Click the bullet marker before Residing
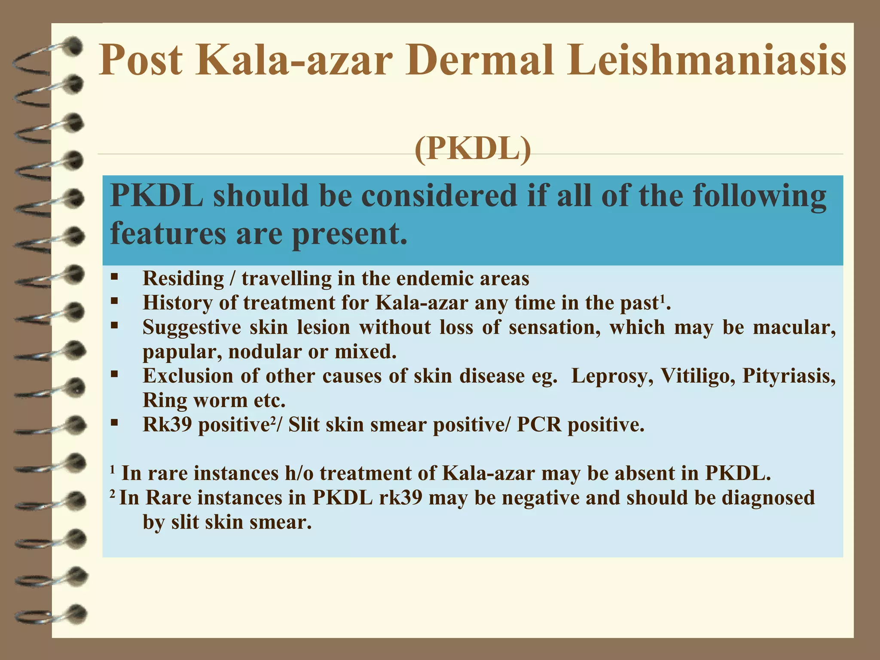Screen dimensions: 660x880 click(x=114, y=277)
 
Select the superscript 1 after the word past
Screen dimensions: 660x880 click(x=662, y=299)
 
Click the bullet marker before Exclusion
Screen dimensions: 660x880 click(x=114, y=374)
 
